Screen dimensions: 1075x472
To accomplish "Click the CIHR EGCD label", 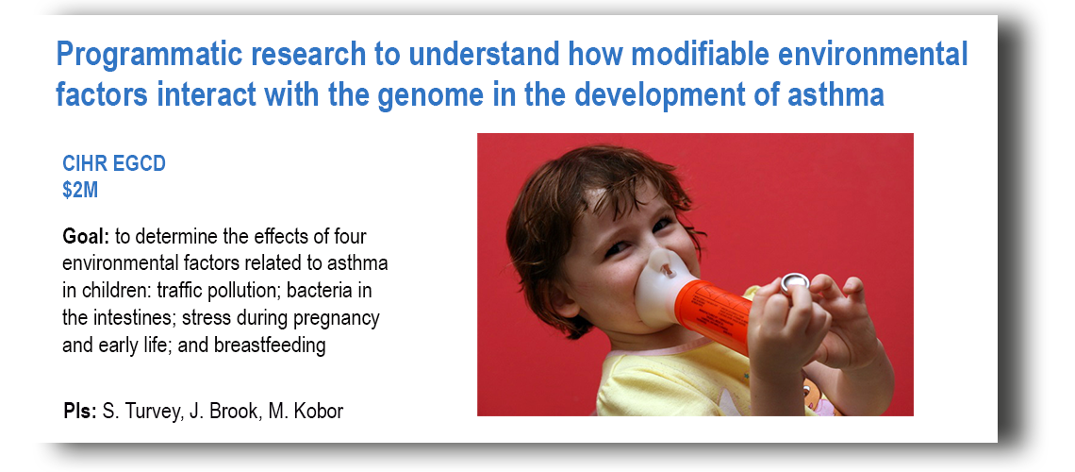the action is (x=114, y=164).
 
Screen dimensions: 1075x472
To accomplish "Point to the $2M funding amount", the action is (x=80, y=190).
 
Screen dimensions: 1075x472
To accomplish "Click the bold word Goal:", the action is (x=86, y=237).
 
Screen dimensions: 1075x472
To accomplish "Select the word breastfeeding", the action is (x=270, y=346).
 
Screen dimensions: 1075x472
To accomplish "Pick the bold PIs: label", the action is (x=79, y=411).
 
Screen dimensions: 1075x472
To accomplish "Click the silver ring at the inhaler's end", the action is (x=795, y=282).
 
